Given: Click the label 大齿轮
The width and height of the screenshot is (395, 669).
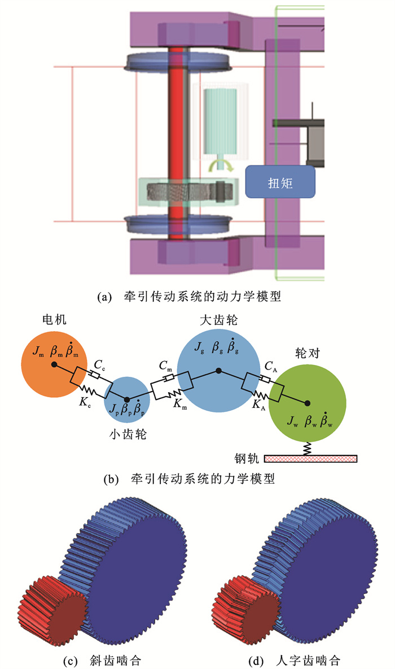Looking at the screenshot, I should [219, 320].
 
